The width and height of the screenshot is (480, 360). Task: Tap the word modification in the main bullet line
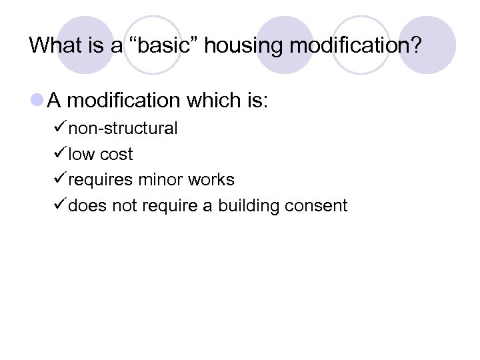click(x=124, y=101)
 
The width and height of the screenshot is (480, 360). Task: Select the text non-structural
click(x=123, y=129)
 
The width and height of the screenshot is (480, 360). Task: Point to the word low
click(x=81, y=155)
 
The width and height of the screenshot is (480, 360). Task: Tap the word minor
click(x=160, y=180)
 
